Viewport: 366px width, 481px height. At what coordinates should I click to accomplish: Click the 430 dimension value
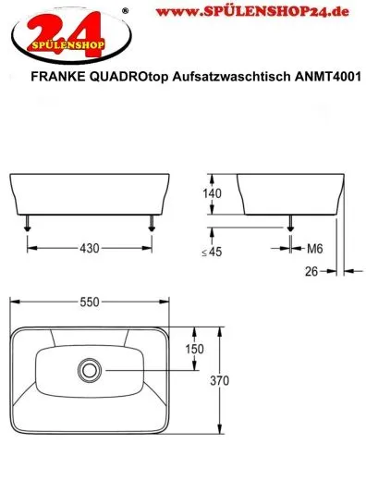[90, 247]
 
